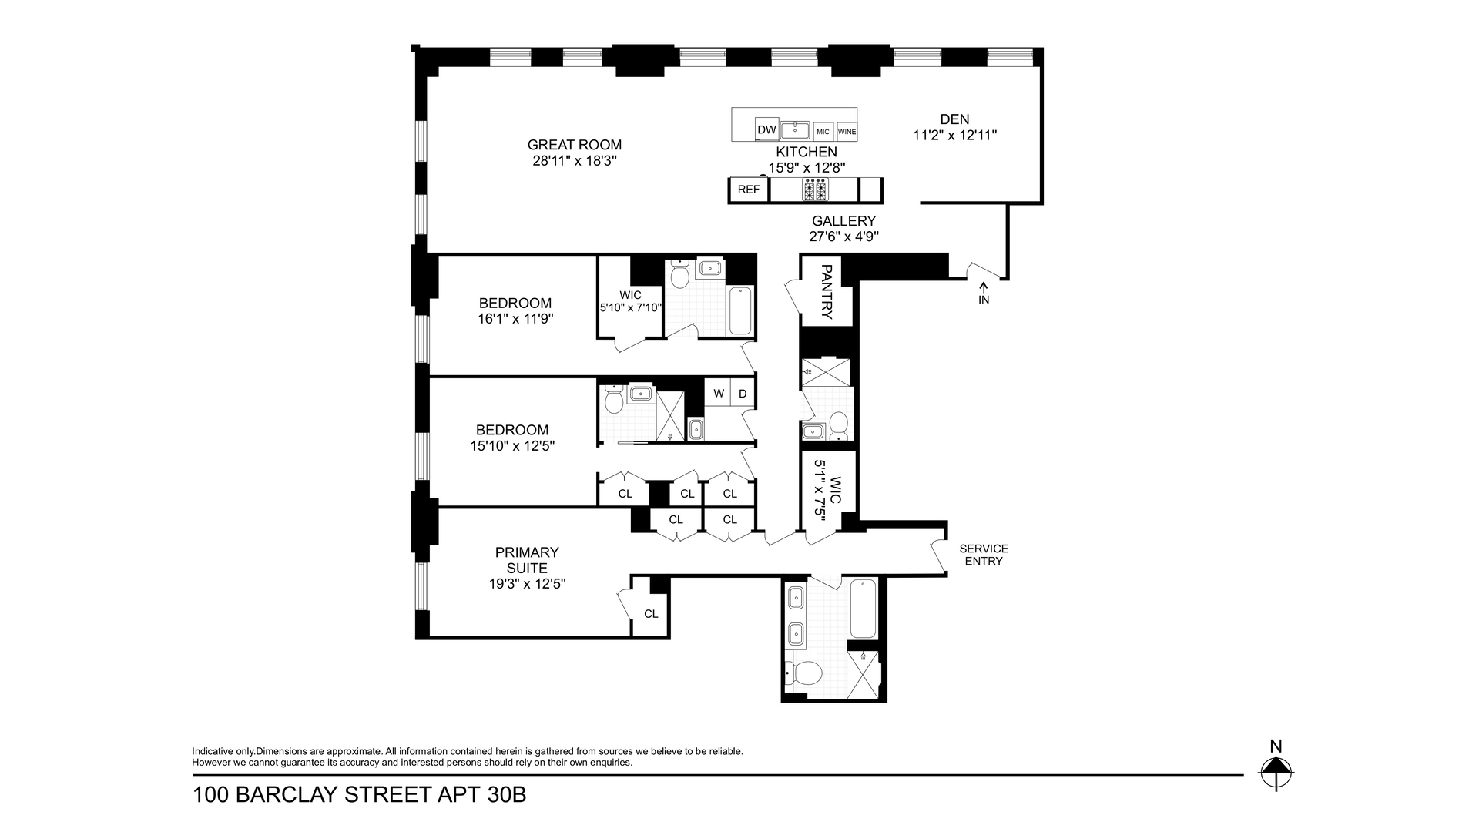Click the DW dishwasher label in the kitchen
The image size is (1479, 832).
(x=766, y=130)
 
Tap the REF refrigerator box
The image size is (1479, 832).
(x=749, y=190)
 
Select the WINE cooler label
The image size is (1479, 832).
(x=847, y=132)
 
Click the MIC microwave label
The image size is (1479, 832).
(x=823, y=132)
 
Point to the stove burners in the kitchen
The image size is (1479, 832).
(x=815, y=189)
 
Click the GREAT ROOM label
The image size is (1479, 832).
(x=575, y=145)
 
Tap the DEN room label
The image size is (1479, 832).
(x=954, y=119)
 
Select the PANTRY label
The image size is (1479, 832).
(x=827, y=292)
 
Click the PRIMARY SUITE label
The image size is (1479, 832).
(x=527, y=560)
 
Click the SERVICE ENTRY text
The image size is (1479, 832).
(x=984, y=555)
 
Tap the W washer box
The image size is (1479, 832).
(x=718, y=393)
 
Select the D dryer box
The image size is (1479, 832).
(x=743, y=393)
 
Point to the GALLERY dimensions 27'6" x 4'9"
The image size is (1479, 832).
(x=844, y=237)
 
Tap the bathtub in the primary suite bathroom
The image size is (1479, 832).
(x=863, y=609)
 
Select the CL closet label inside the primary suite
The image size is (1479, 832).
(x=651, y=614)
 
